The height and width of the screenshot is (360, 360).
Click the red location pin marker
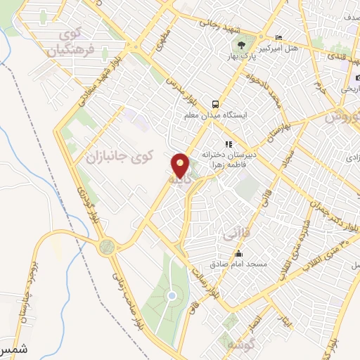(181, 165)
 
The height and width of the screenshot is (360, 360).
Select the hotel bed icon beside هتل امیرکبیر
(279, 37)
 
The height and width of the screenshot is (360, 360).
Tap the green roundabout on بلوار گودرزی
(106, 247)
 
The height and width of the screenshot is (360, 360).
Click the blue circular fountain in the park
(172, 296)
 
